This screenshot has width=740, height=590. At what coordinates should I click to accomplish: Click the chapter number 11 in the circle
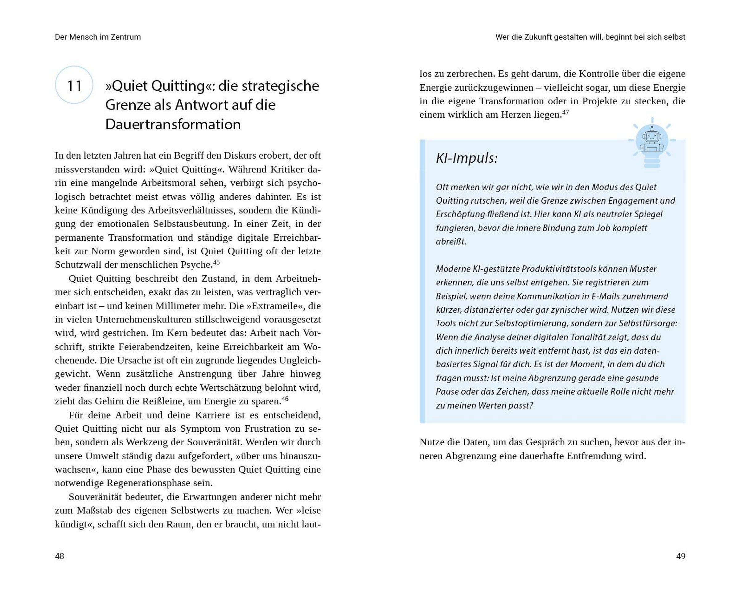point(74,85)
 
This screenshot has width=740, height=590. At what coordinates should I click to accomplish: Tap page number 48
point(60,556)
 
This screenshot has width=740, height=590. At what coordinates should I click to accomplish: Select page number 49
point(680,556)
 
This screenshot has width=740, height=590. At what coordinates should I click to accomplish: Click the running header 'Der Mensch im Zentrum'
point(98,37)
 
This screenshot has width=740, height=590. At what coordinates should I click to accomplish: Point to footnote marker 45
point(216,262)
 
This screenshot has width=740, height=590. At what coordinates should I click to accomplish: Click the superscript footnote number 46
point(285,399)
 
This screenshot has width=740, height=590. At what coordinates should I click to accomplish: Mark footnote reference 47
point(565,112)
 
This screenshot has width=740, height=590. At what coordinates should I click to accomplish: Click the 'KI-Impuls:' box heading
point(467,158)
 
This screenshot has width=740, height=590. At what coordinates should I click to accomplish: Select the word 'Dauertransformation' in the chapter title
point(173,124)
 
